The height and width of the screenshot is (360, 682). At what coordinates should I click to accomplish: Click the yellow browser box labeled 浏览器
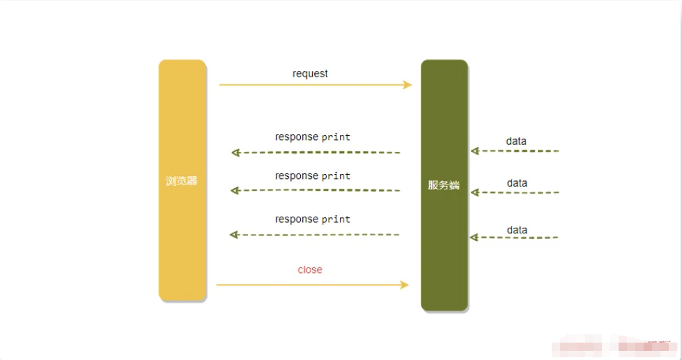click(183, 180)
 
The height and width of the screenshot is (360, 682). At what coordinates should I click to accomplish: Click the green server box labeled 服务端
click(444, 185)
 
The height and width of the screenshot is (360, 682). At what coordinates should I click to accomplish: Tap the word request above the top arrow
click(310, 74)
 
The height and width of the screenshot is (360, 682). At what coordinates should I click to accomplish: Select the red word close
click(310, 269)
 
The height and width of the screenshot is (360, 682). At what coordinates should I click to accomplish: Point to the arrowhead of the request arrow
click(407, 85)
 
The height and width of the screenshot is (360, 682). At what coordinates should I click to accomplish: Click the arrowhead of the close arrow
click(405, 285)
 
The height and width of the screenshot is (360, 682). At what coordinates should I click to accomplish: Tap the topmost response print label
click(313, 137)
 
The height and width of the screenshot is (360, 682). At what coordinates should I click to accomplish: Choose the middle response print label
click(313, 176)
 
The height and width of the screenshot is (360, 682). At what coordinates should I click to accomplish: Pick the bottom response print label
click(313, 219)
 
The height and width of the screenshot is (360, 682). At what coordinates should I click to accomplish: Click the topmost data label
click(516, 141)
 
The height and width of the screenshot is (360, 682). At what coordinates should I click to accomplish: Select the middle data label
click(517, 183)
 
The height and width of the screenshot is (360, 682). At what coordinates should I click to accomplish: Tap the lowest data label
click(517, 230)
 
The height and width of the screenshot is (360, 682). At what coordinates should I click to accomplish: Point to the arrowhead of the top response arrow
click(235, 152)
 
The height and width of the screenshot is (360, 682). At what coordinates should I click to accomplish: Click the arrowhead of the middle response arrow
click(235, 190)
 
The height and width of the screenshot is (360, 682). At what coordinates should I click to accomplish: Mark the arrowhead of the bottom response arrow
click(234, 235)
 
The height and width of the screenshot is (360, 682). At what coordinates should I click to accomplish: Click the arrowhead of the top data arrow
click(475, 151)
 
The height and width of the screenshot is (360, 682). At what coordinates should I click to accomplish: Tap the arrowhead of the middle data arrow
click(475, 192)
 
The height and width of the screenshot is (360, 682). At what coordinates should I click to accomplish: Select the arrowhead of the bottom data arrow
click(474, 237)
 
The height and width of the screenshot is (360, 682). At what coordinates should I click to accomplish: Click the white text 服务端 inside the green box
click(444, 185)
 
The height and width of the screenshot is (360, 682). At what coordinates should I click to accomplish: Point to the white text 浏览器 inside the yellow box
click(181, 181)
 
